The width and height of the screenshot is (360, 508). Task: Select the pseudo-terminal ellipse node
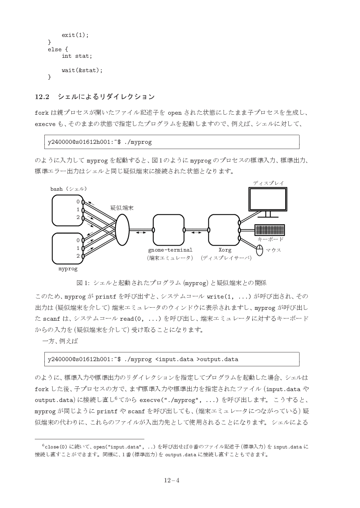coord(123,229)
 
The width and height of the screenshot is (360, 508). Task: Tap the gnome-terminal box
coord(168,230)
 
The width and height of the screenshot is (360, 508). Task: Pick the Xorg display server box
coord(224,230)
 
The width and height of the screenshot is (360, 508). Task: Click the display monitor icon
coord(268,199)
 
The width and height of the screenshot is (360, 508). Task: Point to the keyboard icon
coord(269,230)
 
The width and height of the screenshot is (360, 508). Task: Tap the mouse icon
coord(260,250)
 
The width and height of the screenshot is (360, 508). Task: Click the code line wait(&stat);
coord(82,70)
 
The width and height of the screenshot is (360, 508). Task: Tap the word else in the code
coord(55,49)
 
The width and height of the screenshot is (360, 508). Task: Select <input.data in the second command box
coord(174,359)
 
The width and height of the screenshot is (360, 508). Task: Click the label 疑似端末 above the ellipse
coord(122,208)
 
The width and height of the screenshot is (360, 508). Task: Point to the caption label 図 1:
coord(83,283)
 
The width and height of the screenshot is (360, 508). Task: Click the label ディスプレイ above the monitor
coord(268,183)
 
